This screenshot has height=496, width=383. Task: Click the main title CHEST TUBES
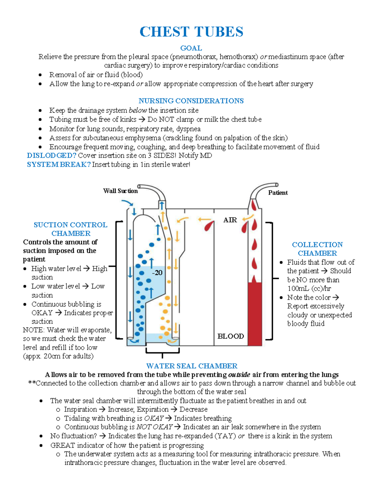click(x=191, y=32)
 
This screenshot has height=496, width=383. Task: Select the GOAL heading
click(x=191, y=48)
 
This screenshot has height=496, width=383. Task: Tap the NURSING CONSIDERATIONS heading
click(x=191, y=101)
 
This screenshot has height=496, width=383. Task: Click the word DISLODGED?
click(x=51, y=156)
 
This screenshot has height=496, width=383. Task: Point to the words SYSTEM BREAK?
click(x=59, y=164)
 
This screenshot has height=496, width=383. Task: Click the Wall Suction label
click(x=120, y=191)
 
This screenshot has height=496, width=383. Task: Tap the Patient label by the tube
click(x=278, y=193)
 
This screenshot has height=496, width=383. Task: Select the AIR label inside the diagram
click(x=230, y=220)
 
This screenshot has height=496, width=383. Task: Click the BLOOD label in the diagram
click(x=230, y=336)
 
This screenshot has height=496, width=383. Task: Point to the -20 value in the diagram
click(x=157, y=273)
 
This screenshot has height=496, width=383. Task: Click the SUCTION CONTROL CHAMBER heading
click(x=71, y=229)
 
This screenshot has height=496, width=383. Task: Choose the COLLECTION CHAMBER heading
click(x=317, y=249)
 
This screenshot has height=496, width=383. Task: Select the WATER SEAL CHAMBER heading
click(x=191, y=366)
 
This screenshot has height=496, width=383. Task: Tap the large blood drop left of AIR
click(x=209, y=226)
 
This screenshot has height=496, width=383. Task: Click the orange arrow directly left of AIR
click(x=204, y=219)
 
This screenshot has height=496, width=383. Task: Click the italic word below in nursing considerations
click(x=138, y=111)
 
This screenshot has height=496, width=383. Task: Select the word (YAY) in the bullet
click(x=225, y=436)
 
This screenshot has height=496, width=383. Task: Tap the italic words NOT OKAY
click(x=154, y=427)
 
